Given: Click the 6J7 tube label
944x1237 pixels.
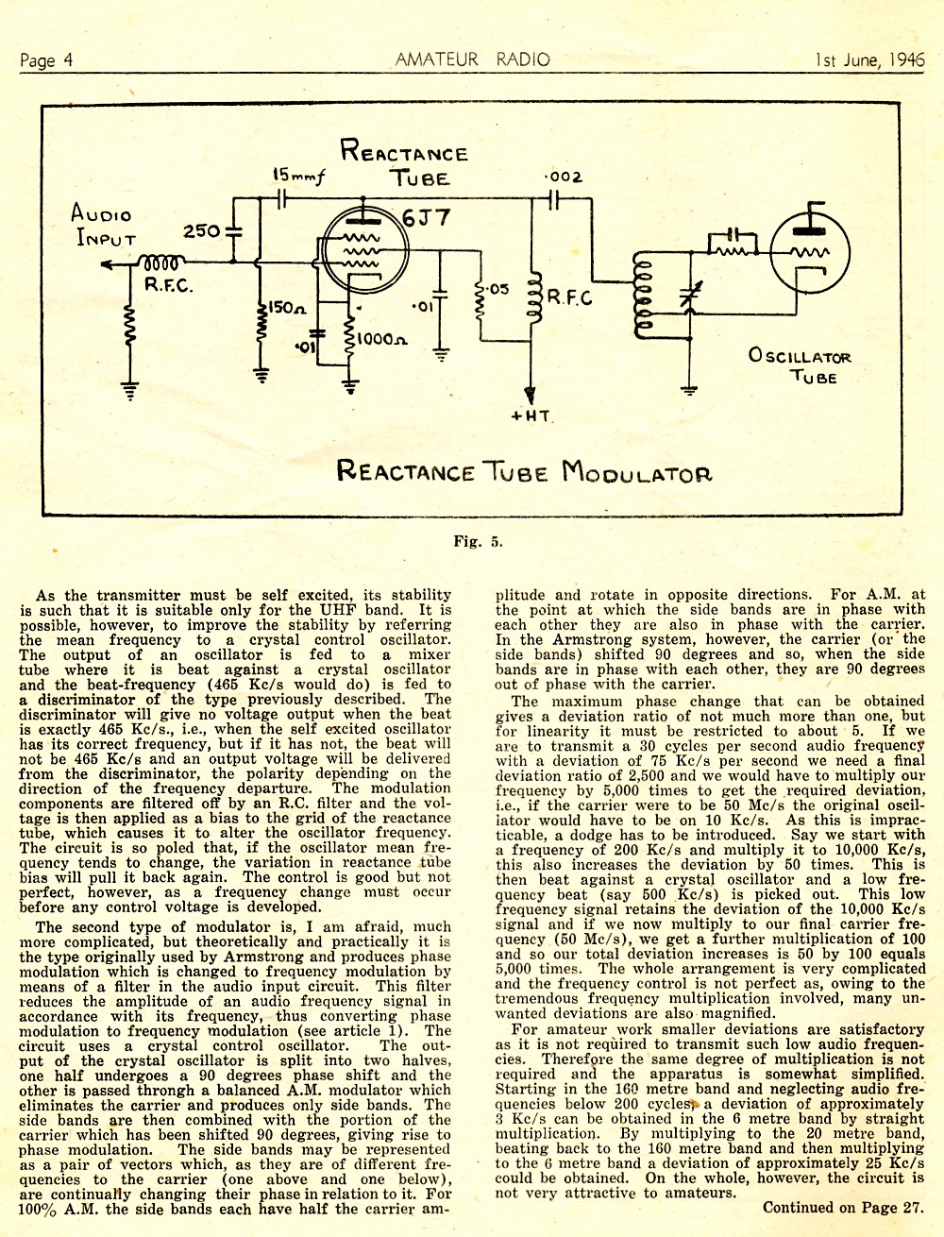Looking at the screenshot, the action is [426, 217].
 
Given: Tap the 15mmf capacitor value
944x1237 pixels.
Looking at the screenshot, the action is [299, 176].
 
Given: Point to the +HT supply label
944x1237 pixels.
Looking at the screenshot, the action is [530, 417].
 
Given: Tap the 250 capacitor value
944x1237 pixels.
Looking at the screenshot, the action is [202, 230].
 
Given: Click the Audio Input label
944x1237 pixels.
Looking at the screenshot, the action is [103, 226].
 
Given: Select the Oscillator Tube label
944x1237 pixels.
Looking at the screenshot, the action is [800, 365].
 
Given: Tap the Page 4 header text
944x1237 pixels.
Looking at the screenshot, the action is [46, 59].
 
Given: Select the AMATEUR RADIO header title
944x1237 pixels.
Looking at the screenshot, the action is [473, 59].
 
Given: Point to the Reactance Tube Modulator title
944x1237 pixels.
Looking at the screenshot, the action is [524, 471].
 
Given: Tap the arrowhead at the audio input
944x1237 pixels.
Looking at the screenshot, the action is [107, 263].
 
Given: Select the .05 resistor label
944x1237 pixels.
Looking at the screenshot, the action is [497, 290].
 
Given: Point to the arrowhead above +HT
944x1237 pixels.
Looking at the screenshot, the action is [530, 394].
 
